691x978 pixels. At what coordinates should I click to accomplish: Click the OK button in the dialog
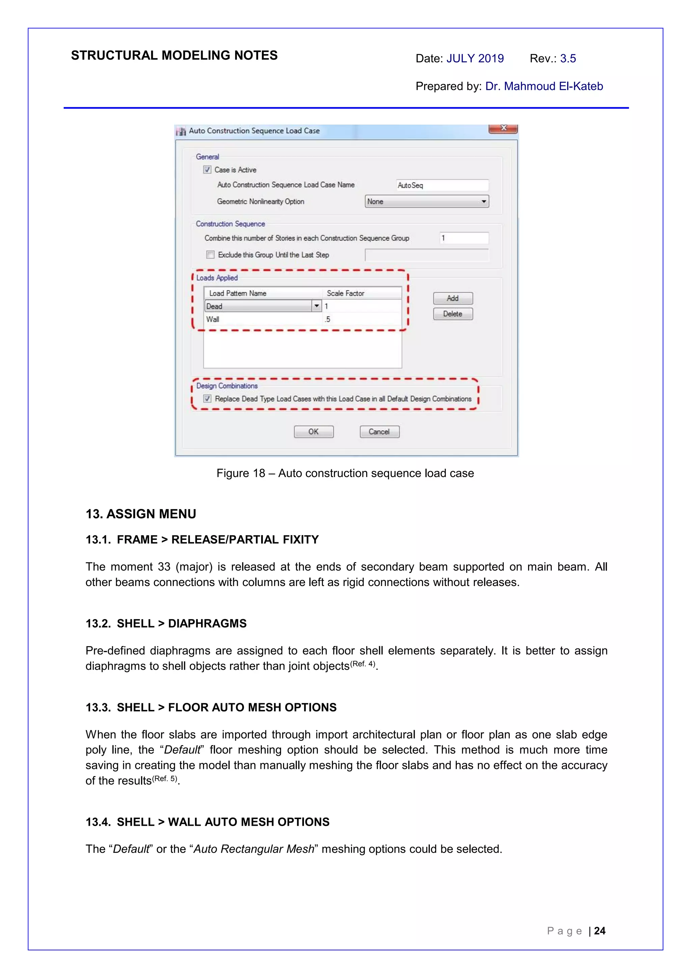(x=313, y=431)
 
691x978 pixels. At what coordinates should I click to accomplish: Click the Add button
(x=452, y=298)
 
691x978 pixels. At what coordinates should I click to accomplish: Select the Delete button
(x=452, y=314)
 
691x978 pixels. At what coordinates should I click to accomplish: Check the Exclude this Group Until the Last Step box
(x=210, y=255)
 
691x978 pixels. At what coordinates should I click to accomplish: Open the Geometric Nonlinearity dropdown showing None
(x=426, y=202)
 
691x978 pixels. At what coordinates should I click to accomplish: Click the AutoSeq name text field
(x=442, y=185)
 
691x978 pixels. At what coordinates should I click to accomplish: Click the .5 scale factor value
(x=327, y=319)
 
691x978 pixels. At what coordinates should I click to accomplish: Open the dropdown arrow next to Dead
(x=316, y=306)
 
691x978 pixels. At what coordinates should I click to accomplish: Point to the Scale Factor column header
(x=345, y=293)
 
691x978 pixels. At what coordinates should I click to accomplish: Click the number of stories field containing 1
(x=464, y=238)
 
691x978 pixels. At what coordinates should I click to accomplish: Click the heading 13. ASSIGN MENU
(x=141, y=514)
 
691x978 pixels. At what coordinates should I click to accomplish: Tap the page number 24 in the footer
(x=600, y=931)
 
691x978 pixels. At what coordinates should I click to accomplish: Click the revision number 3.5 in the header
(x=568, y=59)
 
